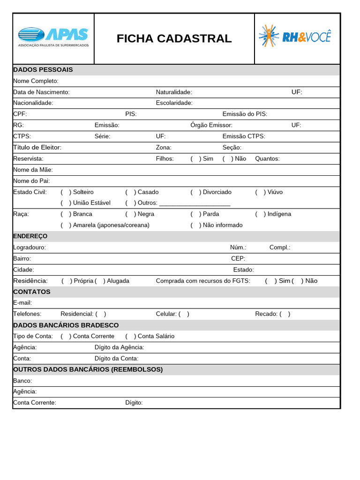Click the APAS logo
coord(53,37)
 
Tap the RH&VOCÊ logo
coord(295,36)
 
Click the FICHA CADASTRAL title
coord(174,38)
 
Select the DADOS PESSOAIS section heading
coord(43,70)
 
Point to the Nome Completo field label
coord(36,81)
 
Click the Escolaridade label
coord(174,103)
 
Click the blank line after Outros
coord(195,203)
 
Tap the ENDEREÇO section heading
coord(30,236)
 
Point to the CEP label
coord(238,259)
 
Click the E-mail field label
coord(22,303)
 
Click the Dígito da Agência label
coord(119,347)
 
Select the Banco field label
coord(22,381)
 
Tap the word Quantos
coord(267,159)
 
